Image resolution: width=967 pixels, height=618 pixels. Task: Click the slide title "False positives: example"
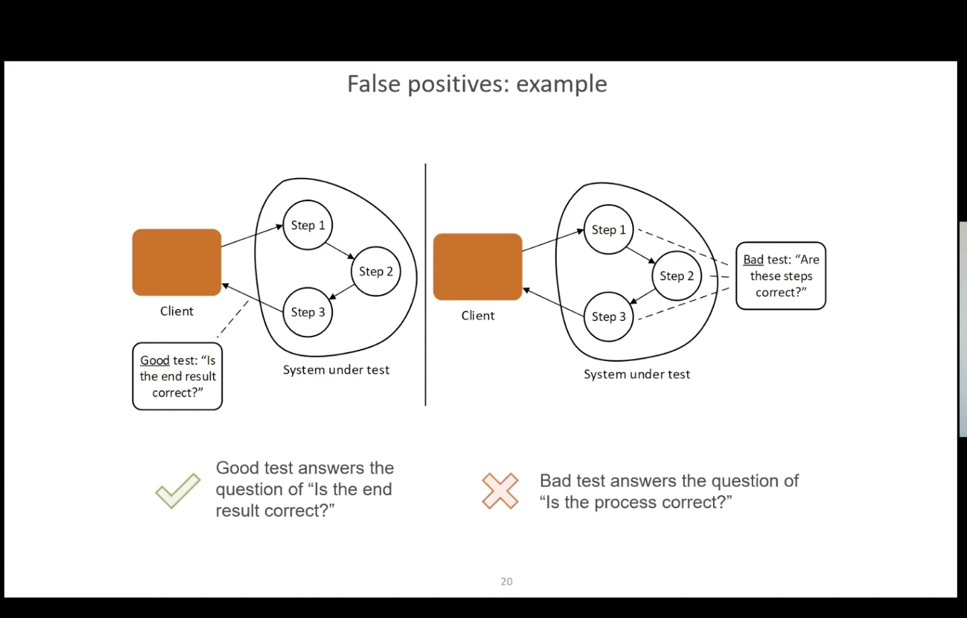click(477, 84)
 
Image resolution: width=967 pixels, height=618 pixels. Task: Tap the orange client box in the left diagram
click(177, 262)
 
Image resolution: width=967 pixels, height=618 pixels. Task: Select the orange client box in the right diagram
click(478, 266)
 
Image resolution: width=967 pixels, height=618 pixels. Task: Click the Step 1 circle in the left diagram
click(307, 225)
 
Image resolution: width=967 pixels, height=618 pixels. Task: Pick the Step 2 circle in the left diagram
click(376, 271)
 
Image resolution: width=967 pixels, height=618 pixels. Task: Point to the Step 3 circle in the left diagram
click(307, 312)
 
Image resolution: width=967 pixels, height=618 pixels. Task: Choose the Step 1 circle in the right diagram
click(608, 230)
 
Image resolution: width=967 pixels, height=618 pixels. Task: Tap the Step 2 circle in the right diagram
click(676, 276)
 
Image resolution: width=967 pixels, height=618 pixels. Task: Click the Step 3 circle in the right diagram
click(608, 317)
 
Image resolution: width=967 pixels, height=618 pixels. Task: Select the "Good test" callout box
click(177, 376)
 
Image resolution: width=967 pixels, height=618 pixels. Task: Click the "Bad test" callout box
click(781, 276)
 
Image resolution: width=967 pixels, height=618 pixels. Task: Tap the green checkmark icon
click(178, 490)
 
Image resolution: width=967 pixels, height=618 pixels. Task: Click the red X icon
click(500, 490)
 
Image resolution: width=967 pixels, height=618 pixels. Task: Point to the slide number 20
click(507, 582)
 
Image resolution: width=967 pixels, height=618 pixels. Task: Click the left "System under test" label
click(336, 370)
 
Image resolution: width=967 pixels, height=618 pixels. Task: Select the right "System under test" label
click(637, 374)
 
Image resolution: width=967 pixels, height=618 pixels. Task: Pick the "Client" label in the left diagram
click(177, 311)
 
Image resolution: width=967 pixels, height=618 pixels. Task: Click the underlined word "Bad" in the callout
click(753, 259)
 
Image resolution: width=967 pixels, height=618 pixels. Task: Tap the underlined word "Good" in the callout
click(155, 360)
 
